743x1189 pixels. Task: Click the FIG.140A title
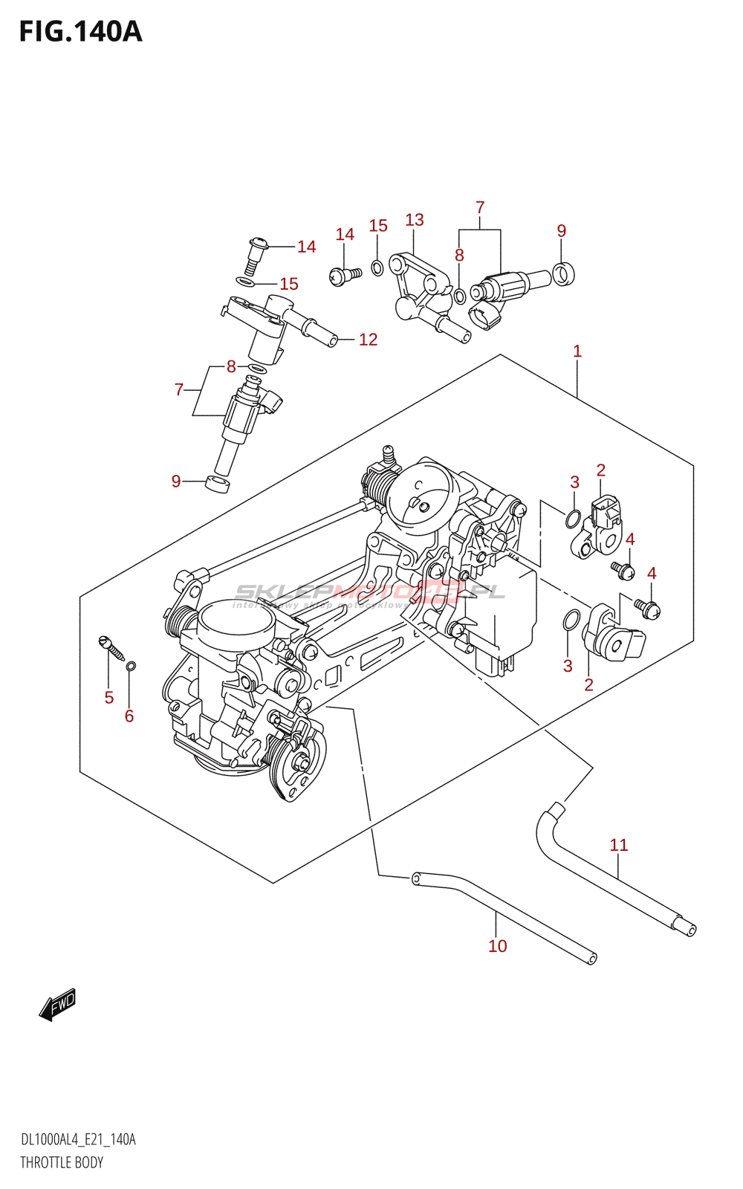[x=80, y=32]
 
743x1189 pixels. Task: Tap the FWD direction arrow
[x=58, y=1005]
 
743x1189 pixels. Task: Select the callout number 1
[x=577, y=351]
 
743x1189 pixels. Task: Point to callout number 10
[x=497, y=946]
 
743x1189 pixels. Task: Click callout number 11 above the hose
[x=619, y=845]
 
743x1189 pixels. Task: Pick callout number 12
[x=369, y=340]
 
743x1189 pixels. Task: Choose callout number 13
[x=415, y=220]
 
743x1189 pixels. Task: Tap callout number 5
[x=109, y=697]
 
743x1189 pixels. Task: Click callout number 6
[x=129, y=716]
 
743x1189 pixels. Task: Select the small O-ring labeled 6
[x=132, y=665]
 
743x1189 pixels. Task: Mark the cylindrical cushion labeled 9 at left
[x=218, y=486]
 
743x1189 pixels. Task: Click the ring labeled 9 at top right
[x=563, y=274]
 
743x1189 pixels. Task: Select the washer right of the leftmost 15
[x=245, y=281]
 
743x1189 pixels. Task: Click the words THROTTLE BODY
[x=62, y=1162]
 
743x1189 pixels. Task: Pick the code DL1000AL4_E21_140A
[x=78, y=1140]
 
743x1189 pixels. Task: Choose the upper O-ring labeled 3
[x=573, y=519]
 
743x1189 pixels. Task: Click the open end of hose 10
[x=592, y=959]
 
